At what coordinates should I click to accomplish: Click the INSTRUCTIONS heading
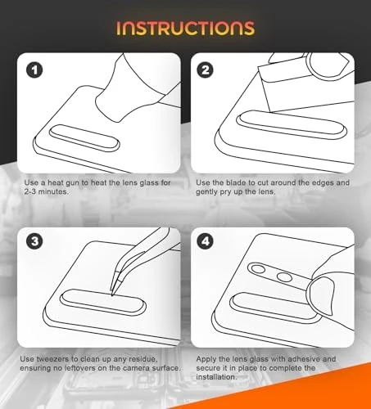pos(186,29)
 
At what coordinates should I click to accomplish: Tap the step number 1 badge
pos(34,70)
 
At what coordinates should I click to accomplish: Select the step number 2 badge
pos(206,70)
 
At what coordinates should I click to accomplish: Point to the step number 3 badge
pos(34,241)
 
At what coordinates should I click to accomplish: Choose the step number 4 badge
pos(206,241)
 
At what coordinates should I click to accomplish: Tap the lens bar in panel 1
pos(84,138)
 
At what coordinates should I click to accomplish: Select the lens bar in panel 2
pos(292,125)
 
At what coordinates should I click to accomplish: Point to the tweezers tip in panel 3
pos(112,294)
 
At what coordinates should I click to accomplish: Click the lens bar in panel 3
pos(103,303)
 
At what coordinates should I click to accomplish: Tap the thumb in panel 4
pos(321,295)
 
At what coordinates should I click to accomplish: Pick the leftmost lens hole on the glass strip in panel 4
pos(258,269)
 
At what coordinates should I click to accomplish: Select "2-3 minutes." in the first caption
pos(46,191)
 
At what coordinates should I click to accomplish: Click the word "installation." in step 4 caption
pos(216,377)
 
